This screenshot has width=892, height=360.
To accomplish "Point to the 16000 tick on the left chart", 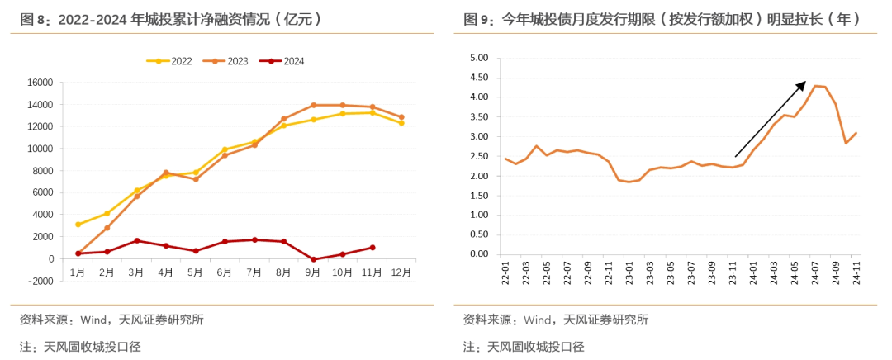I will (40, 83).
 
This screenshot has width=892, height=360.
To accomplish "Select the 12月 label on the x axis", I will (401, 272).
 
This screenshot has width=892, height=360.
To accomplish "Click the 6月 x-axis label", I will (225, 272).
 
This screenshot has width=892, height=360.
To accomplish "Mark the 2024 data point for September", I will (313, 259).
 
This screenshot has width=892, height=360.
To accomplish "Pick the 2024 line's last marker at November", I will (372, 248).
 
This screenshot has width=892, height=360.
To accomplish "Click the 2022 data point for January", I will (78, 225).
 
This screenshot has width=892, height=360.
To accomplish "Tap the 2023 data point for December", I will (401, 117).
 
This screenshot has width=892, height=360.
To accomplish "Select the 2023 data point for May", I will (196, 179).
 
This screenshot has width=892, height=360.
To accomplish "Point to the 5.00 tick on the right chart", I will (479, 58).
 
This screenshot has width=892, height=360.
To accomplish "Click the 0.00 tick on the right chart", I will (479, 254).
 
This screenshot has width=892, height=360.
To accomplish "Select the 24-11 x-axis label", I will (856, 272).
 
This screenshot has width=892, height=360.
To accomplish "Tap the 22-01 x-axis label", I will (505, 272).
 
